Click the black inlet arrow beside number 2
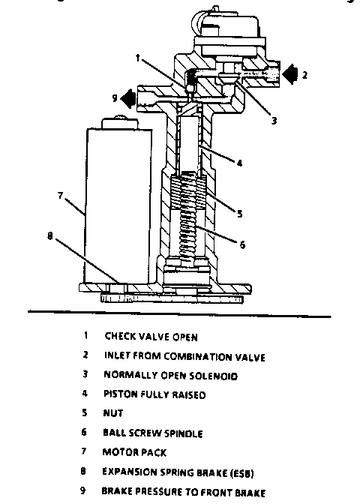290,74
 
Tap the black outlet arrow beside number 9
128,98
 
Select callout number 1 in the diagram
137,58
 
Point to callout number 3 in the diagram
274,121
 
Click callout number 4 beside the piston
239,163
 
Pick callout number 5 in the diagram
239,214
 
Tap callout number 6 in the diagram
242,244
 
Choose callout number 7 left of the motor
61,195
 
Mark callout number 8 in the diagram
49,236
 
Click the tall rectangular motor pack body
118,206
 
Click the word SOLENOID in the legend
213,376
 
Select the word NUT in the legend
112,413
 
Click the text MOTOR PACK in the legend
134,452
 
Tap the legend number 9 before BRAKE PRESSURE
83,490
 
